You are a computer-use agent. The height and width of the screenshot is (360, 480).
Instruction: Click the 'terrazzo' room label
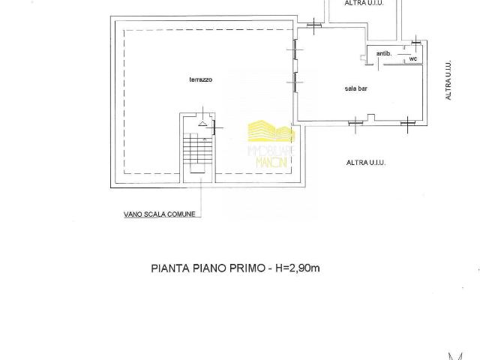pyautogui.click(x=201, y=79)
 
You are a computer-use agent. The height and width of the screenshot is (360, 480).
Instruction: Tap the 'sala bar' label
pyautogui.click(x=355, y=88)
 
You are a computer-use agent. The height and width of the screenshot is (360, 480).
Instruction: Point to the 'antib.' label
pyautogui.click(x=384, y=53)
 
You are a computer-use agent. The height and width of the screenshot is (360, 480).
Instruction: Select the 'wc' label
pyautogui.click(x=413, y=58)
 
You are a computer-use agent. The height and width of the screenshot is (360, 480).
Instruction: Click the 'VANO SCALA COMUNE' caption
pyautogui.click(x=160, y=214)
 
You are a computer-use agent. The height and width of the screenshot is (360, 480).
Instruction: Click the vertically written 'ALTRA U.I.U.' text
pyautogui.click(x=448, y=80)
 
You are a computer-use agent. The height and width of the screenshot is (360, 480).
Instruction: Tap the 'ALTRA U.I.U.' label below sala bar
pyautogui.click(x=366, y=163)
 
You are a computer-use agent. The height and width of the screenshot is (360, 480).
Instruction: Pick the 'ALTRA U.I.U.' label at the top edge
pyautogui.click(x=364, y=3)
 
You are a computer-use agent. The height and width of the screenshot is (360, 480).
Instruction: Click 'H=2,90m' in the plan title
pyautogui.click(x=298, y=268)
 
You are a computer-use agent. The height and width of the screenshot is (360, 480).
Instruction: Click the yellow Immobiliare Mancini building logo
pyautogui.click(x=271, y=131)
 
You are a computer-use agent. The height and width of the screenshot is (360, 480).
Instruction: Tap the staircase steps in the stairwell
pyautogui.click(x=197, y=148)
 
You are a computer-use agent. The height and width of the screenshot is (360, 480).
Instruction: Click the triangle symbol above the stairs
pyautogui.click(x=202, y=123)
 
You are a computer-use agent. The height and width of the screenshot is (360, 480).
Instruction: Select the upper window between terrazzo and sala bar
pyautogui.click(x=295, y=49)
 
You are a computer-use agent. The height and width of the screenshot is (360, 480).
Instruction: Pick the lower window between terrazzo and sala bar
pyautogui.click(x=295, y=82)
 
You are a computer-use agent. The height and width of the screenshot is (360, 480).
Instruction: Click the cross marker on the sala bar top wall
pyautogui.click(x=314, y=25)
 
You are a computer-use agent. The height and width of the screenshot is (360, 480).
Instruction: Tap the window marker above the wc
pyautogui.click(x=416, y=42)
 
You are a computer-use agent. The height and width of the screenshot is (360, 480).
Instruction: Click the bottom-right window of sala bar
pyautogui.click(x=408, y=123)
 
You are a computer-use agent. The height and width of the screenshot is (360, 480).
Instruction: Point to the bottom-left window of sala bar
pyautogui.click(x=355, y=123)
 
